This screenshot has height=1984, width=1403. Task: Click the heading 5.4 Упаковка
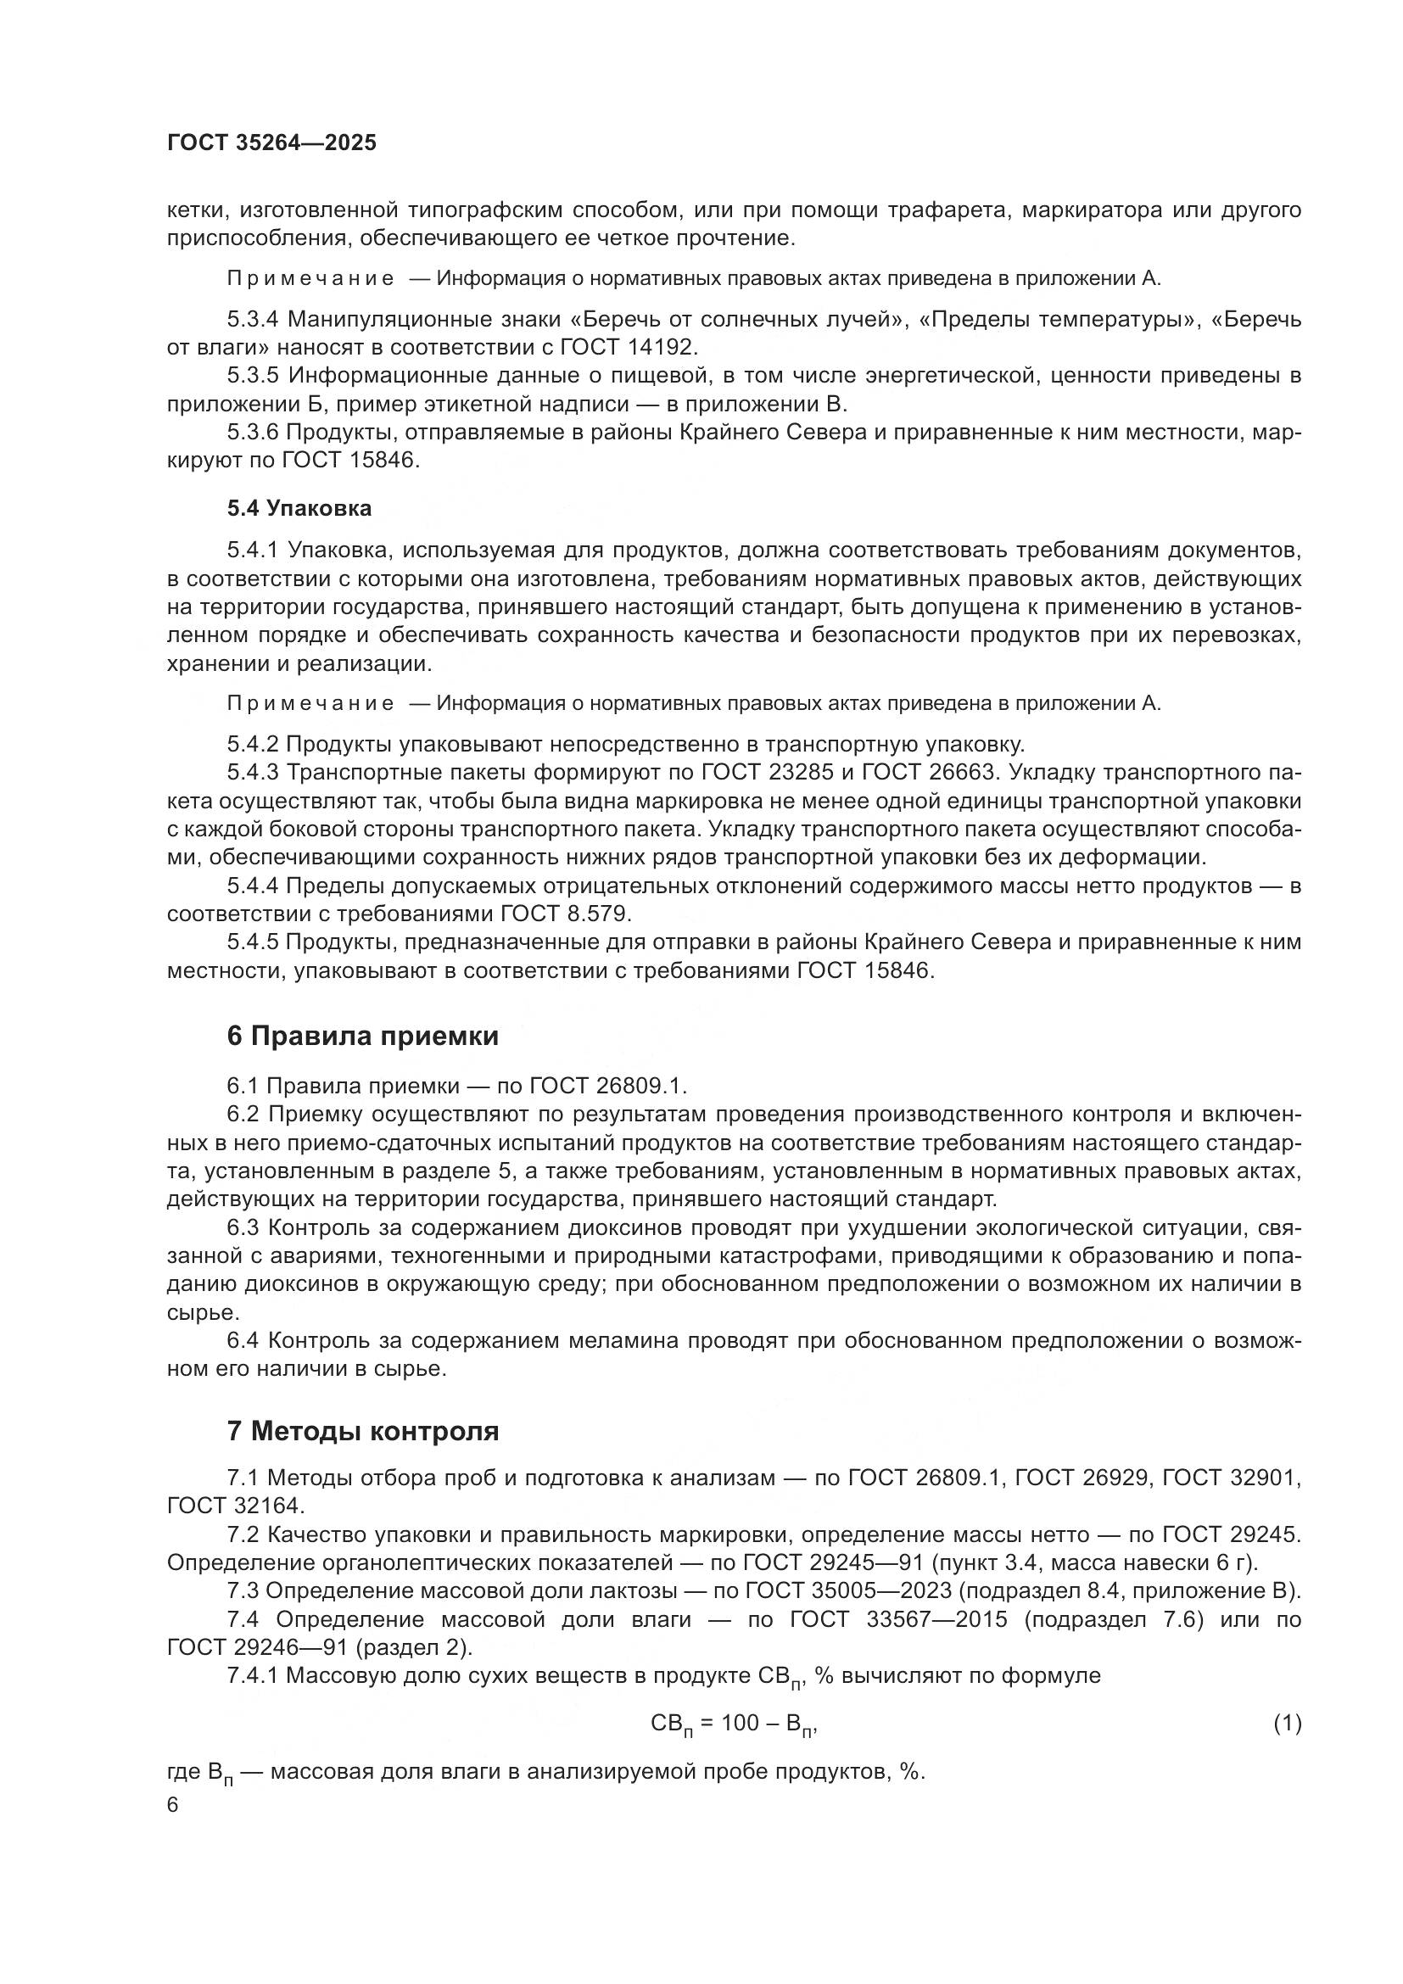pyautogui.click(x=299, y=509)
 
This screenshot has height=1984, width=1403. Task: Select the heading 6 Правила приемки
pyautogui.click(x=363, y=1036)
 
